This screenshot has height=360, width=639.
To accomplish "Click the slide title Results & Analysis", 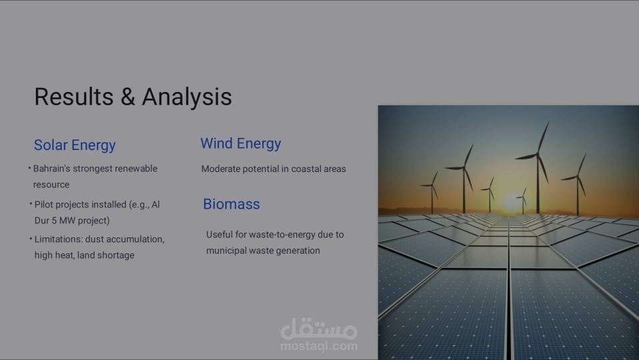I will (x=133, y=97).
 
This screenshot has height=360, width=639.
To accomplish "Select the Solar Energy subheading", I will (x=75, y=145).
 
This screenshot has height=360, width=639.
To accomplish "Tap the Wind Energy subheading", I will (x=241, y=143).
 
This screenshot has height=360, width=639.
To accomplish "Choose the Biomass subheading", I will (x=231, y=204).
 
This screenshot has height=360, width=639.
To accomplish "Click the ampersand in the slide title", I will (x=127, y=97).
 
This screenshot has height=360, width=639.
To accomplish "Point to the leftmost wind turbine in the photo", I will (x=431, y=190).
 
